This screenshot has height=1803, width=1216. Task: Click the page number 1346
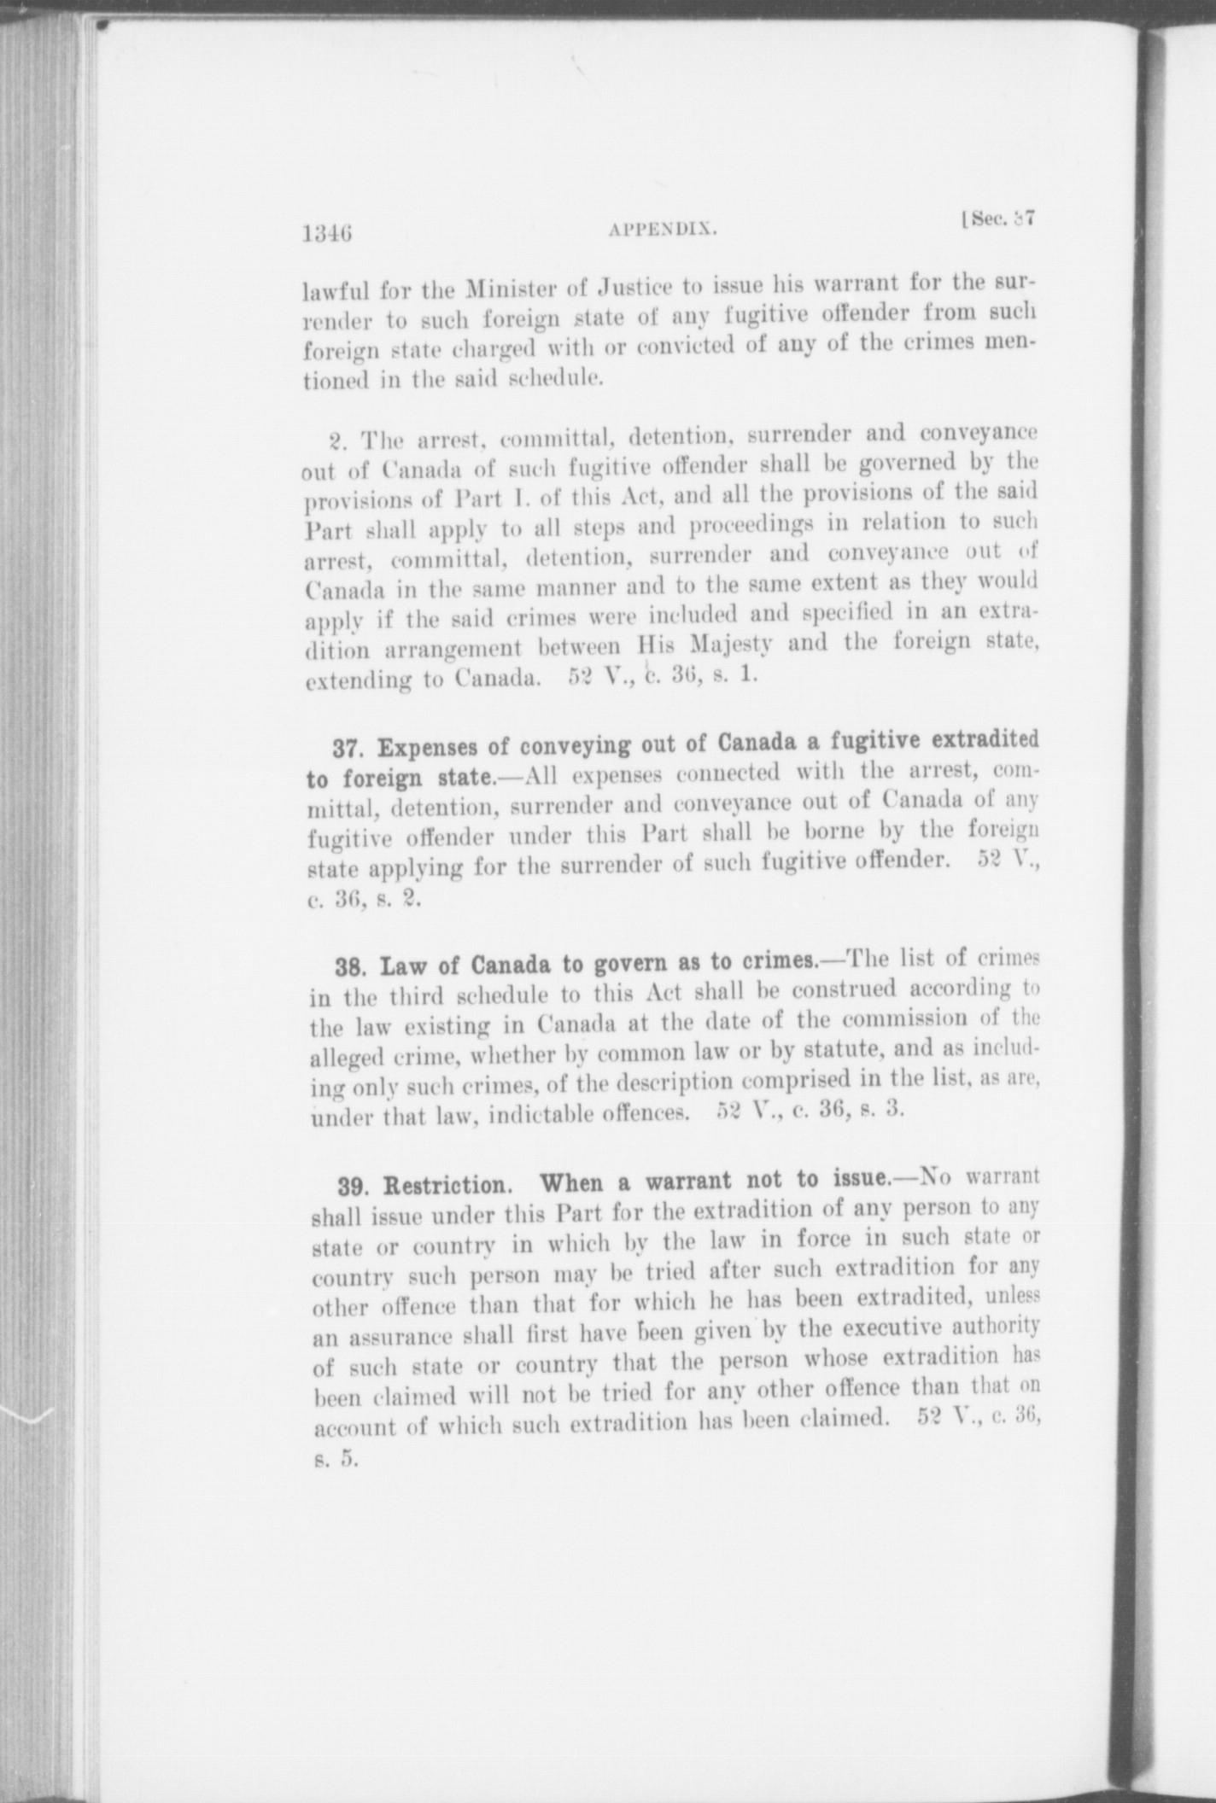(328, 232)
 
